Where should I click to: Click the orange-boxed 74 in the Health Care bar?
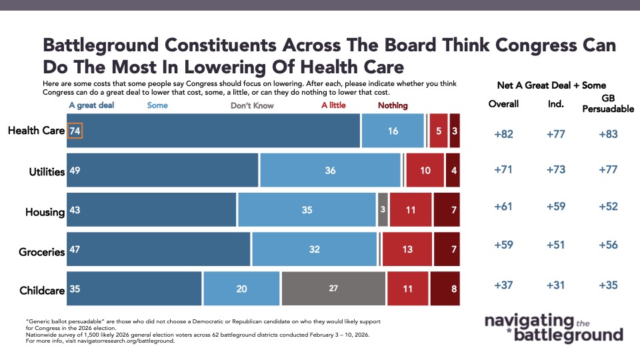click(75, 131)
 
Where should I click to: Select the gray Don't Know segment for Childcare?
click(333, 289)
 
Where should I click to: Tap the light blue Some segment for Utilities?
click(331, 171)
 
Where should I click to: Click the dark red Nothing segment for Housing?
click(446, 210)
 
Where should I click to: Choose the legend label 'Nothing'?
click(393, 105)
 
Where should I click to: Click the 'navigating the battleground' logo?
click(553, 327)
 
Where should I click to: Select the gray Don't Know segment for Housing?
click(383, 210)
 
